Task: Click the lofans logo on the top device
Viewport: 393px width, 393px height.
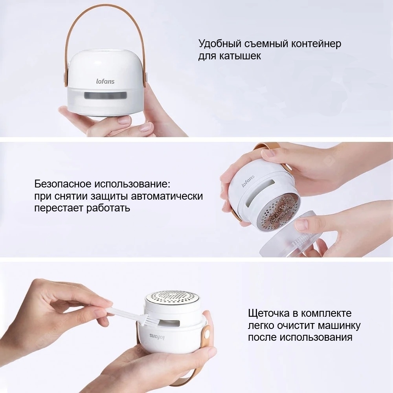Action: [x=105, y=81]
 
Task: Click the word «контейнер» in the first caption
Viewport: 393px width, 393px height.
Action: [x=316, y=44]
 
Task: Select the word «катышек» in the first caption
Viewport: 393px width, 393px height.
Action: [x=240, y=56]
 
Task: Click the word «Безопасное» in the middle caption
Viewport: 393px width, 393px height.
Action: [x=62, y=184]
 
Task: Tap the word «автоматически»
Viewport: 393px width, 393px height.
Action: [x=167, y=196]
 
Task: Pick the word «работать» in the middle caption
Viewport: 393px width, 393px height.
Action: [x=108, y=208]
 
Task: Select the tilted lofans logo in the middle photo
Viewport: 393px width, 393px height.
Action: [x=248, y=181]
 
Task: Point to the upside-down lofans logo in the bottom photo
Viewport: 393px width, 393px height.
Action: [x=157, y=337]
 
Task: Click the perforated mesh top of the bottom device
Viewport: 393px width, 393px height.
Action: [x=173, y=298]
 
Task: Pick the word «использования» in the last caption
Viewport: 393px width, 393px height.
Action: [x=316, y=337]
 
